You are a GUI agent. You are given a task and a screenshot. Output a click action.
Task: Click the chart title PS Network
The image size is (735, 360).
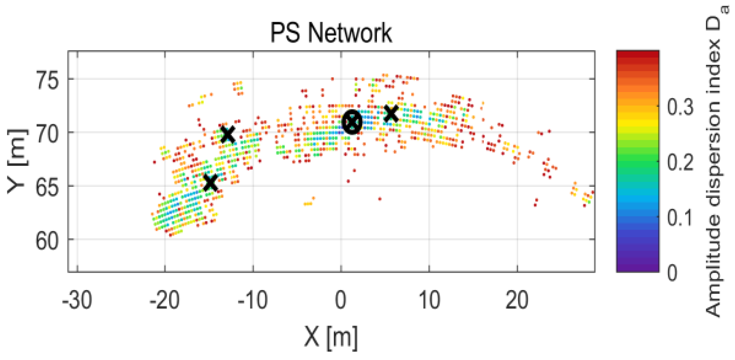click(331, 32)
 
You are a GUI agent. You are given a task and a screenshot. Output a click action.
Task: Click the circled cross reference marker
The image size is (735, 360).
click(352, 122)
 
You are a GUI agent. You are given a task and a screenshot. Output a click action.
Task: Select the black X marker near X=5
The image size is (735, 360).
click(391, 113)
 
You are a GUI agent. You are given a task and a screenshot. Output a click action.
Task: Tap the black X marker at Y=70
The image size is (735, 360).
click(228, 134)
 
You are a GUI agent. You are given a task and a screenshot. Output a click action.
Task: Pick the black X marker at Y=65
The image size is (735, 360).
click(211, 183)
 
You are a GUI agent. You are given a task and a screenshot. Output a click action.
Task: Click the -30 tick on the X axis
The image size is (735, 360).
click(77, 300)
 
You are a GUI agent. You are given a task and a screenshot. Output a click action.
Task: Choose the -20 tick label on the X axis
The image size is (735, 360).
click(165, 300)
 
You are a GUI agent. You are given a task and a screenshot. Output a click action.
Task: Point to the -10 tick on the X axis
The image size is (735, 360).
click(253, 300)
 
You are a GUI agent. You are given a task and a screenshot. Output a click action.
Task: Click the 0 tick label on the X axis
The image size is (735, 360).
click(341, 300)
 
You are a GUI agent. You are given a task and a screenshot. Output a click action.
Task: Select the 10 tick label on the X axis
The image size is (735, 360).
click(429, 300)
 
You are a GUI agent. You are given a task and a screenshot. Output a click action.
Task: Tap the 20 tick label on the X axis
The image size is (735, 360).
click(517, 300)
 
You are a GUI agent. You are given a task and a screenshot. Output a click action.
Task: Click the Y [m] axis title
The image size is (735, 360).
click(18, 160)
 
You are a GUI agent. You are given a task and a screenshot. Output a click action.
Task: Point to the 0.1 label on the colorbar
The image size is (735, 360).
click(681, 217)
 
